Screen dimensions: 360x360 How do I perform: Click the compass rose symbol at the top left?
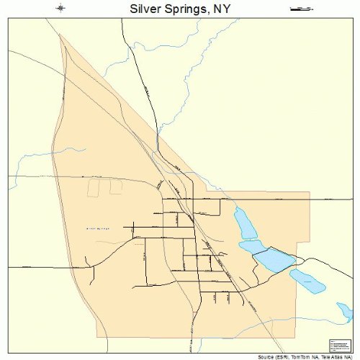point(61,9)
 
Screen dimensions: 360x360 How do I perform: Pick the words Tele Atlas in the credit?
point(337,356)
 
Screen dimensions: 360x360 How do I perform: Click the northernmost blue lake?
point(245,223)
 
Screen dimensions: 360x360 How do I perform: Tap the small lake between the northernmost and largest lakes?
point(252,246)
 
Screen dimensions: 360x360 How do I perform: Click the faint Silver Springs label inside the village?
point(97,229)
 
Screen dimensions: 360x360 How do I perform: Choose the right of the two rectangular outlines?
point(115,187)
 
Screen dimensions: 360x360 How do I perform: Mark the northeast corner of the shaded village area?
point(309,192)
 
